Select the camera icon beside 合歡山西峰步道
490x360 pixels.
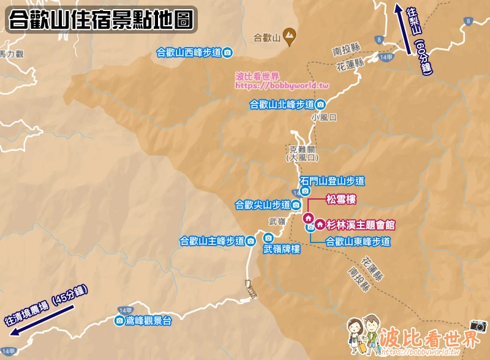click(x=227, y=53)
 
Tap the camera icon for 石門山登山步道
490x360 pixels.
click(x=305, y=191)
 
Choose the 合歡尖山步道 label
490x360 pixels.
click(x=263, y=204)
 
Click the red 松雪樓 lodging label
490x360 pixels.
click(x=341, y=200)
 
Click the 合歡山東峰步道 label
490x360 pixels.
click(x=358, y=242)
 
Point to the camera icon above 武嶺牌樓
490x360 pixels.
click(x=268, y=238)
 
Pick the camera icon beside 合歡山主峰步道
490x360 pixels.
click(x=251, y=241)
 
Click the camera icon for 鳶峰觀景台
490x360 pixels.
click(x=119, y=320)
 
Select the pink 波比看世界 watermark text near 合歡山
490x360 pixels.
click(x=258, y=77)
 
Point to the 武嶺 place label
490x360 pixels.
click(x=277, y=222)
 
